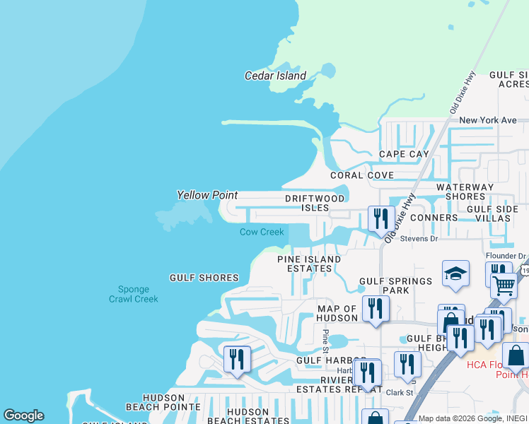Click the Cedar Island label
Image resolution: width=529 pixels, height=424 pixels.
click(275, 76)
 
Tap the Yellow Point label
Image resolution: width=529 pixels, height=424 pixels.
click(207, 195)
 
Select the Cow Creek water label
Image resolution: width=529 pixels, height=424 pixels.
click(262, 232)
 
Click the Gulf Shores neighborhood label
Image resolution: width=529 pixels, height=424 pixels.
click(204, 278)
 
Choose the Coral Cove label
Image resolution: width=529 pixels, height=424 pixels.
click(362, 175)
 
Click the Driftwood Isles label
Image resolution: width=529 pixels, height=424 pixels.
click(316, 204)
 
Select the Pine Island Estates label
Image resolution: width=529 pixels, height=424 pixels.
click(309, 264)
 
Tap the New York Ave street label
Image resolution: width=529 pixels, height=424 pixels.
click(488, 120)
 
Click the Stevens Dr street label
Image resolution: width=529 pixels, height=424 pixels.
click(419, 239)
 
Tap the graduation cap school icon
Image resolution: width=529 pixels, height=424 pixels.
click(456, 274)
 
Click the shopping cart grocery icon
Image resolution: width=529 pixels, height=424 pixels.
click(504, 285)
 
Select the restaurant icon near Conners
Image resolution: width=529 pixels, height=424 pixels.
click(381, 219)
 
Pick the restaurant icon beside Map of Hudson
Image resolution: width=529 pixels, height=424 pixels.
click(375, 310)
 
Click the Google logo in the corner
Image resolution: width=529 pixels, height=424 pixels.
click(23, 416)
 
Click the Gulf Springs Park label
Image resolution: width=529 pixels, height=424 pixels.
click(395, 285)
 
